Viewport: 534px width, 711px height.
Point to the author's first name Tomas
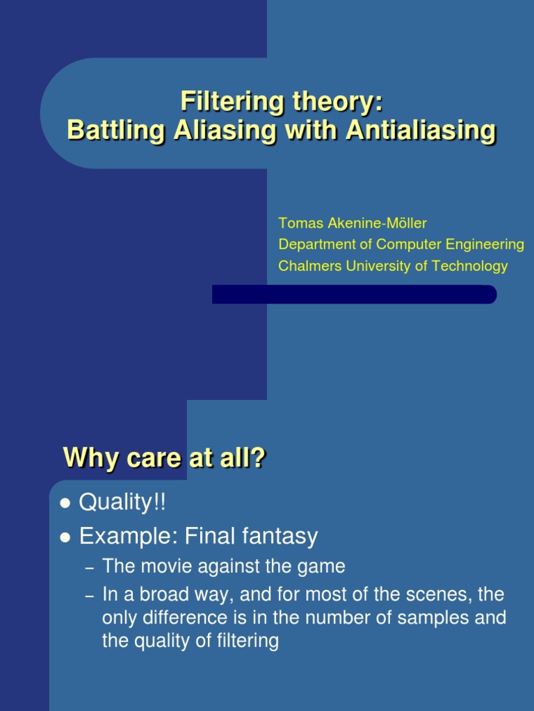pos(298,224)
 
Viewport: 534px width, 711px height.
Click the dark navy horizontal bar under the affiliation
pos(354,294)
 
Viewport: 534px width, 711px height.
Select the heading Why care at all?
pos(164,458)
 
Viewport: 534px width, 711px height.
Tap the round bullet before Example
pos(66,537)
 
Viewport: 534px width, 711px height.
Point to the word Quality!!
pos(123,502)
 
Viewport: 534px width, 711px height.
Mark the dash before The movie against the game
pos(89,568)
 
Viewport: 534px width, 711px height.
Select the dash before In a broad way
pos(89,596)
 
